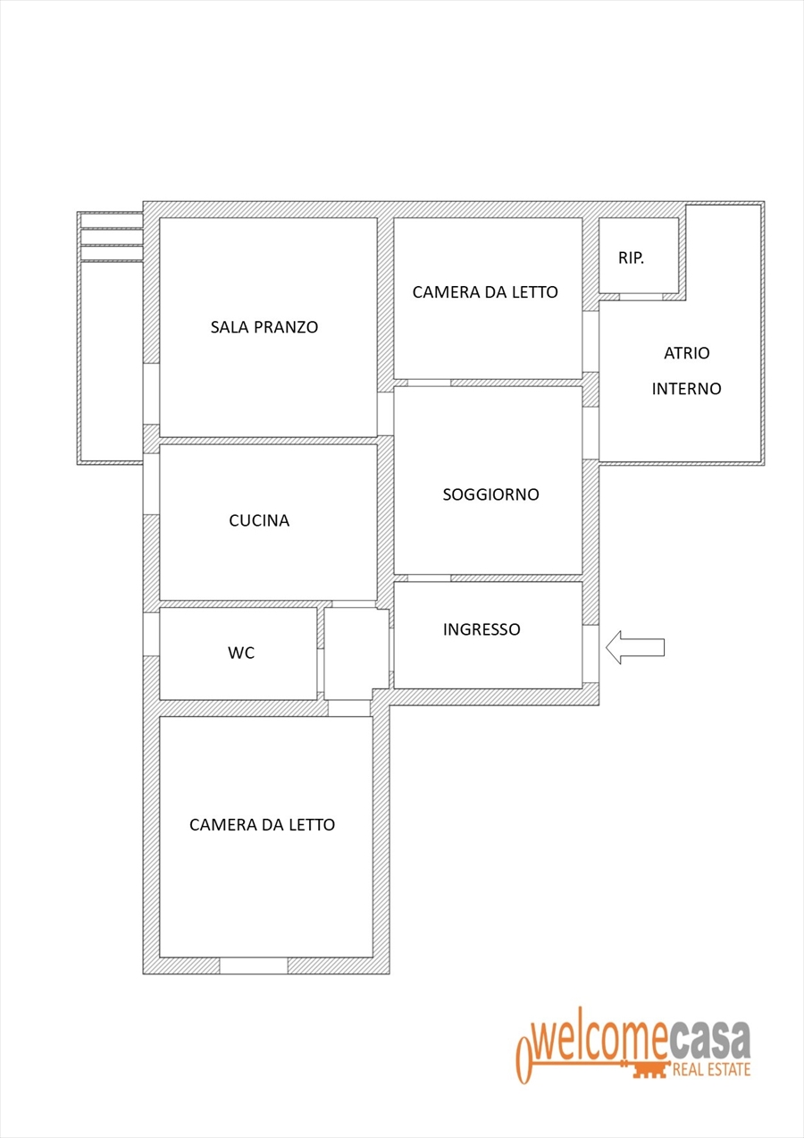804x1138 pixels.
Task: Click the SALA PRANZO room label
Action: click(264, 326)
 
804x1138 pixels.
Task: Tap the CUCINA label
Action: click(259, 520)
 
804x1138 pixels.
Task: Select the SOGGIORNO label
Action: click(490, 494)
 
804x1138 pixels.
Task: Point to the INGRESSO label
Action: click(482, 629)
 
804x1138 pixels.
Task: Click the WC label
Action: click(241, 653)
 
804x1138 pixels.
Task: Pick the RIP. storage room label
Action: click(631, 258)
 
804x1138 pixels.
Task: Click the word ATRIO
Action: click(687, 352)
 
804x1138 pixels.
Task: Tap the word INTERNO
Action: click(687, 389)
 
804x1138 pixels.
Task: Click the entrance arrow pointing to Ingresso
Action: click(635, 647)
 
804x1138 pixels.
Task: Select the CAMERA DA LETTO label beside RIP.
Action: click(485, 292)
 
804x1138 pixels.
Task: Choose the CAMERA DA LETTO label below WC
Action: click(263, 824)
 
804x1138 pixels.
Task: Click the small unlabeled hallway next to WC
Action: click(356, 653)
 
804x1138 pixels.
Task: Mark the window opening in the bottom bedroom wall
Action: click(254, 965)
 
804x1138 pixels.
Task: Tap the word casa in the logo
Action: click(709, 1041)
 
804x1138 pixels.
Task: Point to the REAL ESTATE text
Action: click(712, 1070)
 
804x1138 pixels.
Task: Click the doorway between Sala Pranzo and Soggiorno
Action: click(385, 414)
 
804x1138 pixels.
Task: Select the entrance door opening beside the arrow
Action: click(590, 653)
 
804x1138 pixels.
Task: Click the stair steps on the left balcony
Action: click(111, 237)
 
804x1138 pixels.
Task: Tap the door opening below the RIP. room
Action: click(641, 297)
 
